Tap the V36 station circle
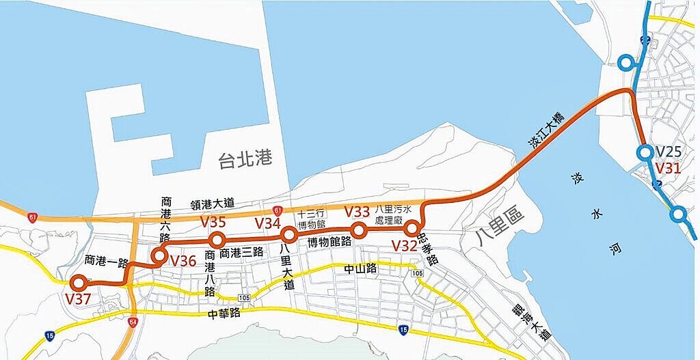(x=159, y=256)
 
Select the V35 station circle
(x=217, y=240)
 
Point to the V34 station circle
(x=288, y=235)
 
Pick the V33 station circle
(x=358, y=230)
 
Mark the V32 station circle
(x=411, y=227)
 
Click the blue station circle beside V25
(x=644, y=153)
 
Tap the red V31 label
(x=669, y=167)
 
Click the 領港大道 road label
(x=211, y=203)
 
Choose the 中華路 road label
(x=225, y=314)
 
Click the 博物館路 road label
(x=329, y=242)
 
